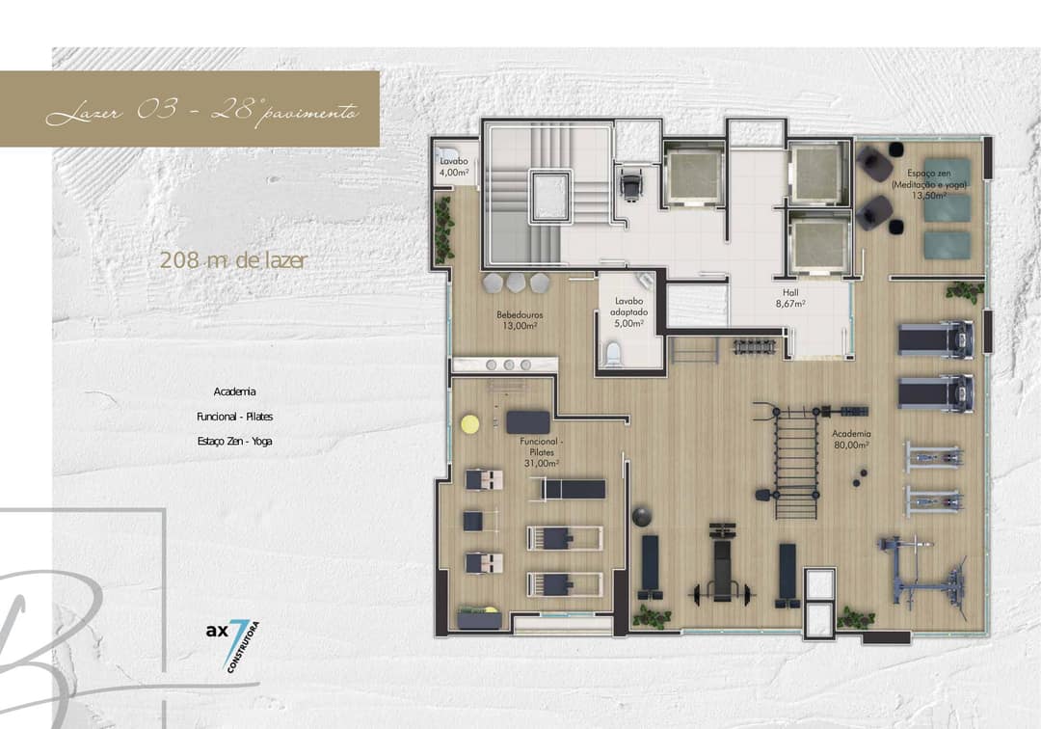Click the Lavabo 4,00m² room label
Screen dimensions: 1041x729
tap(454, 167)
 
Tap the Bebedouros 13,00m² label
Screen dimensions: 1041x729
tap(520, 320)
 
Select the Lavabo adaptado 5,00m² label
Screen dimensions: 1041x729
tap(628, 312)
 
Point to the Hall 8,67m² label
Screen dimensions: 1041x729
tap(790, 298)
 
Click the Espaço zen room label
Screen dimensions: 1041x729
tap(929, 184)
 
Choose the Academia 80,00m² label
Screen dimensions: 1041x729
tap(851, 439)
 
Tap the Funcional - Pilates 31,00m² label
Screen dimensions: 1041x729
tap(541, 452)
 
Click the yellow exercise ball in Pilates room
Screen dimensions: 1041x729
tap(470, 424)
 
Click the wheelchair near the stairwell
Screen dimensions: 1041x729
tap(629, 182)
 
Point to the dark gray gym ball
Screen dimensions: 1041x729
tap(642, 517)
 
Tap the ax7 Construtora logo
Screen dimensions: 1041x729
tap(232, 642)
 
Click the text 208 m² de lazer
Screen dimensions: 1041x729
tap(233, 260)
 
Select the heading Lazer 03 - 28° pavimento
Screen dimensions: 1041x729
tap(202, 110)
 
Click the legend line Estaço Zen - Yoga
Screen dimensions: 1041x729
tap(234, 441)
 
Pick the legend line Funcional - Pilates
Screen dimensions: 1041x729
tap(234, 417)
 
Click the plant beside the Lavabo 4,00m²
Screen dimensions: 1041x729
tap(443, 229)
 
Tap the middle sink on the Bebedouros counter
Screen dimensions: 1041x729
tap(509, 364)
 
